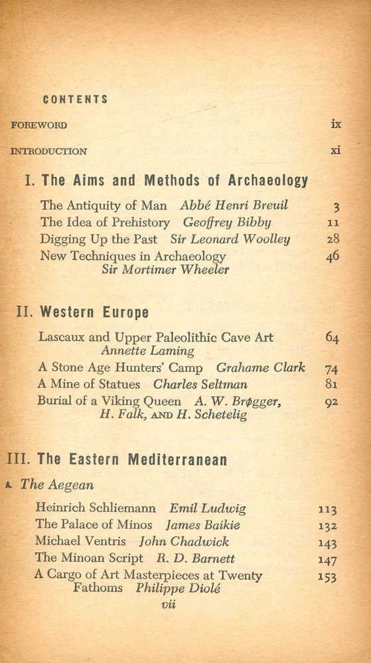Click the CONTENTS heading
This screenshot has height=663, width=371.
[75, 99]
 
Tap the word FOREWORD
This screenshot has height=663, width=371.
[38, 125]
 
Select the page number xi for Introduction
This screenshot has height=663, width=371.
[336, 150]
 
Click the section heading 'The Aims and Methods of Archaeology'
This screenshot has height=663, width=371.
[175, 180]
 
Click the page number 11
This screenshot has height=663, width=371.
[333, 223]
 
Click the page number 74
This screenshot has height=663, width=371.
[332, 369]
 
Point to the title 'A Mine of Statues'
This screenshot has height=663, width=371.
[90, 384]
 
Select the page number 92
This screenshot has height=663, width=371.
[332, 402]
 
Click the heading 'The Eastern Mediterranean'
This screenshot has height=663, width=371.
[132, 458]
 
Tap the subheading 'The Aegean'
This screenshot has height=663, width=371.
[57, 485]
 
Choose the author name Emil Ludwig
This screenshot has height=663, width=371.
[208, 509]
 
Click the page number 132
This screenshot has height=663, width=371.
[327, 526]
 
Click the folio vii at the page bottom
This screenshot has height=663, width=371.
[169, 605]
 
